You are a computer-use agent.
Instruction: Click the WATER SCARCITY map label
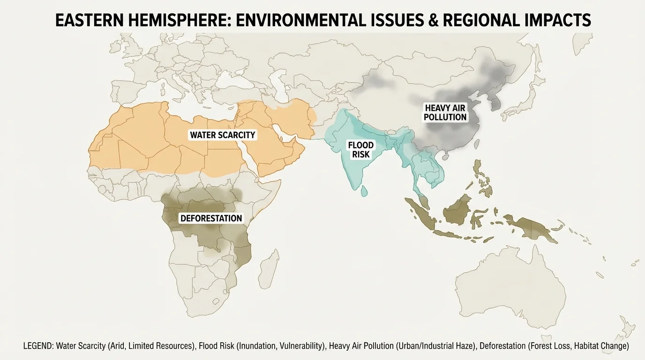coord(223,135)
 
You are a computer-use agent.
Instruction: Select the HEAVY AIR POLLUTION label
coord(445,112)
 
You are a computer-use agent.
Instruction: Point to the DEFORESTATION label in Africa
coord(211,218)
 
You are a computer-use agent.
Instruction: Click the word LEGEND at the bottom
coord(38,346)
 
